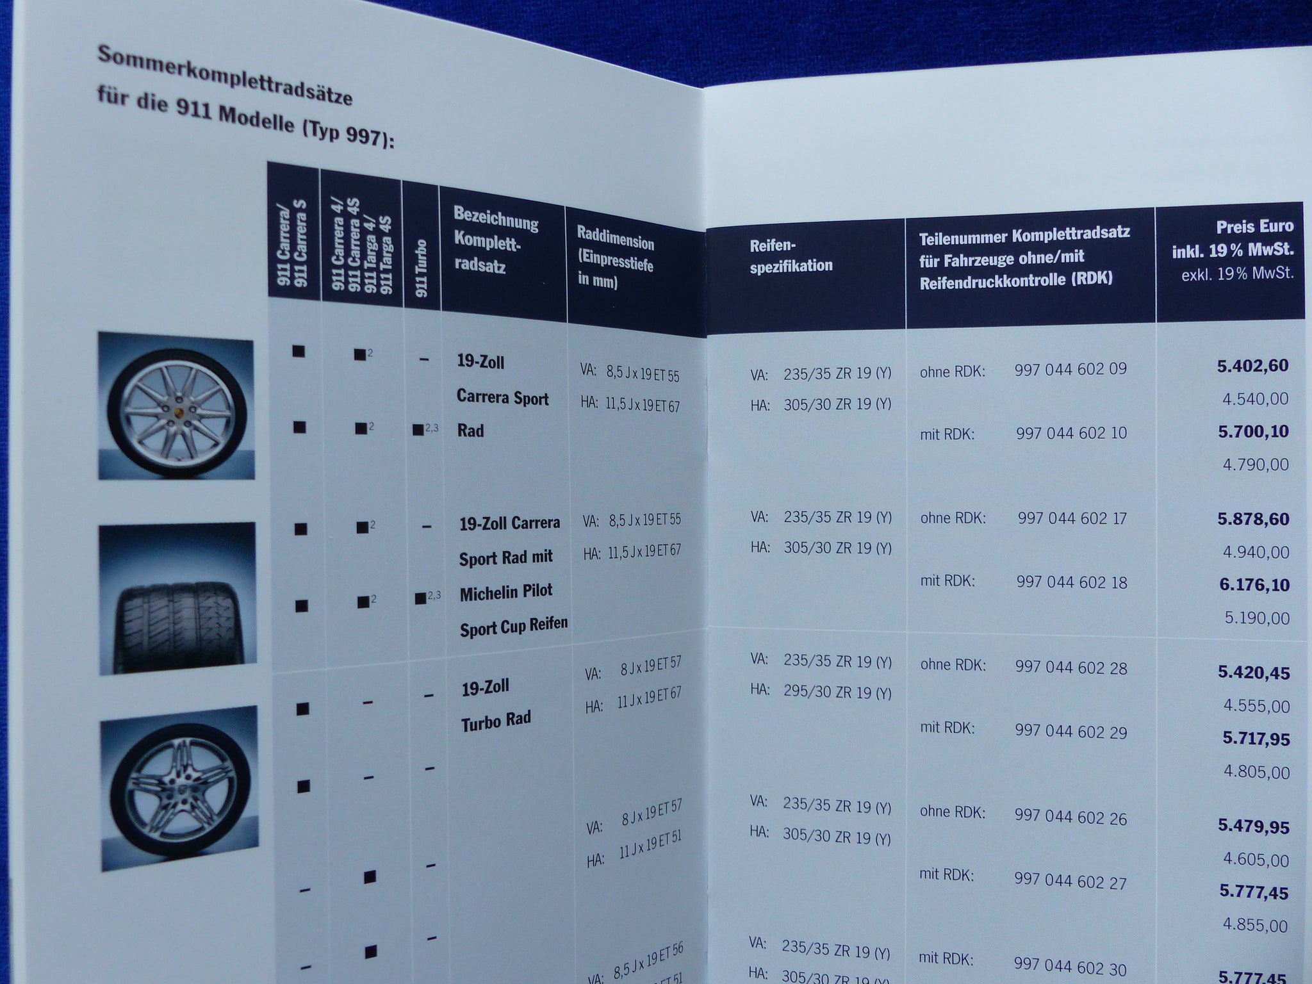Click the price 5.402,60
(1252, 366)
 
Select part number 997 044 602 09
(1070, 370)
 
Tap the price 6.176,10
(1254, 585)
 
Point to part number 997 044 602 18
(1072, 582)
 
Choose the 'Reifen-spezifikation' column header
(791, 256)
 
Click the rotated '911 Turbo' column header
(422, 268)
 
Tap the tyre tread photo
(177, 598)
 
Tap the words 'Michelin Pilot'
(506, 592)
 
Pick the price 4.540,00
(1255, 399)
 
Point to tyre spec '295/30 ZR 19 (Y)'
(837, 693)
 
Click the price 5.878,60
(1253, 519)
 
